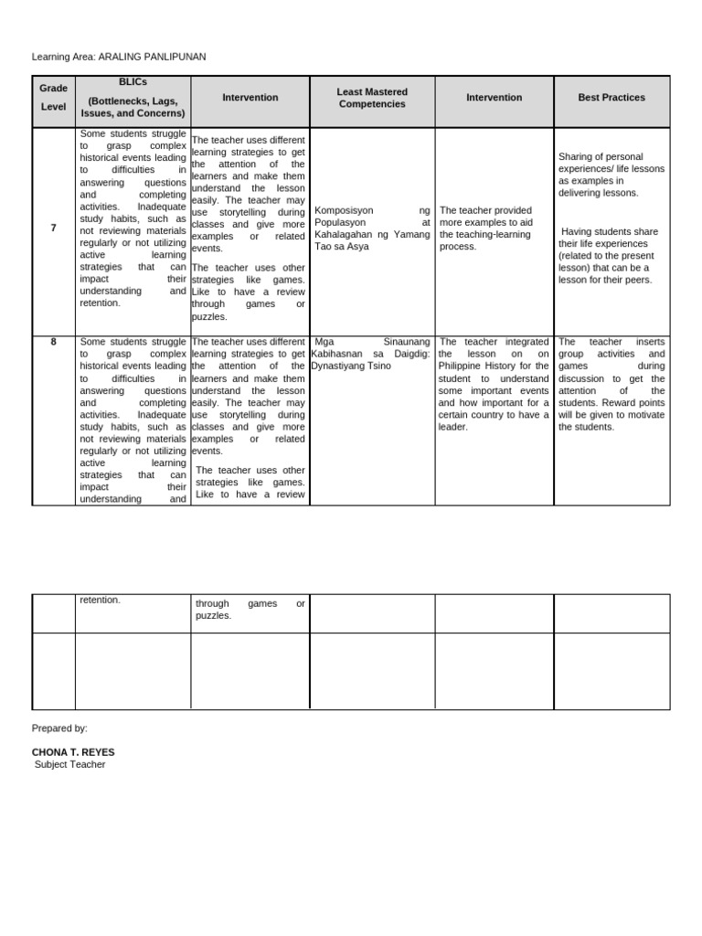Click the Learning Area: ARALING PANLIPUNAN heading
[119, 57]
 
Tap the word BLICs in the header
[133, 81]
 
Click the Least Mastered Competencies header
[372, 98]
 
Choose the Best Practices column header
[612, 97]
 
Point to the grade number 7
[54, 228]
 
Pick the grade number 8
[54, 342]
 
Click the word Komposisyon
[344, 210]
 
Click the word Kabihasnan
[340, 355]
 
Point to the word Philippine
[465, 367]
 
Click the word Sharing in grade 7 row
[575, 157]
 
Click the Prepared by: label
[59, 729]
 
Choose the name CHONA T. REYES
[73, 752]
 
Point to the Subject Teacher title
[69, 764]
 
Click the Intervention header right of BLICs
[250, 97]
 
